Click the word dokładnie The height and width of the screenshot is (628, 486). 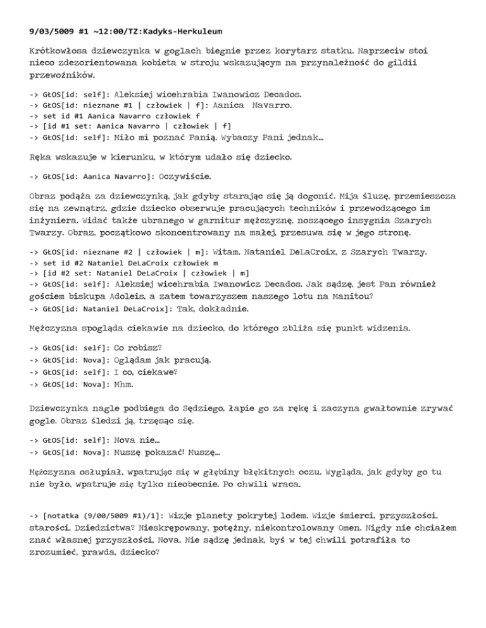click(x=225, y=310)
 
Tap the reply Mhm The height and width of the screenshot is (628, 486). click(x=124, y=384)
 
